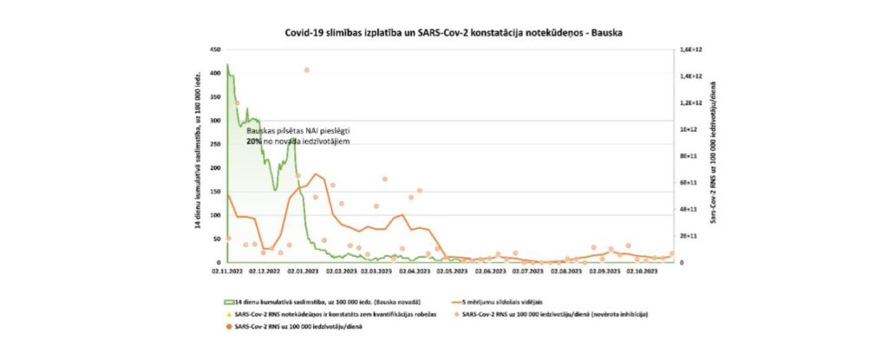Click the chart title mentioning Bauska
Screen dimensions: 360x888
pyautogui.click(x=454, y=31)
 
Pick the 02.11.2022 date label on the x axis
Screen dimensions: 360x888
pyautogui.click(x=226, y=271)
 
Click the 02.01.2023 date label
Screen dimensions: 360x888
pyautogui.click(x=302, y=271)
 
